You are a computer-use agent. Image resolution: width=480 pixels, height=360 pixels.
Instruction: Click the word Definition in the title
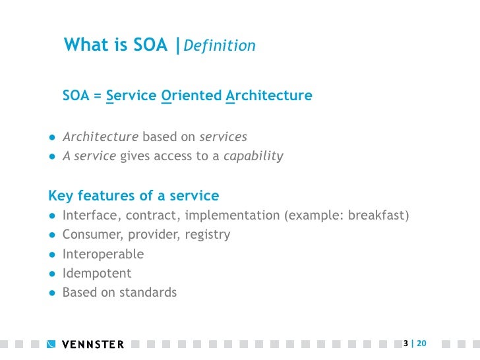(219, 45)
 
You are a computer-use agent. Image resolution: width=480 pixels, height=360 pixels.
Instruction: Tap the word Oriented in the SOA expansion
(191, 96)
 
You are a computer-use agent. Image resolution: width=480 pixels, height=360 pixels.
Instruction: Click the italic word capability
(253, 156)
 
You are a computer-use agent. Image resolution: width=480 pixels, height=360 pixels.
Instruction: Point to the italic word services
(223, 137)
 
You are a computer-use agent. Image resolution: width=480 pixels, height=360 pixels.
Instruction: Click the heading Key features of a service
(134, 196)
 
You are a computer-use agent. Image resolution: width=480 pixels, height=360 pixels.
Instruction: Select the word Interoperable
(103, 254)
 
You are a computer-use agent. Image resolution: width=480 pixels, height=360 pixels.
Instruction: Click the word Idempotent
(97, 273)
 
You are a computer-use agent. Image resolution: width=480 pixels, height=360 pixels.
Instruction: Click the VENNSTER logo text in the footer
(92, 344)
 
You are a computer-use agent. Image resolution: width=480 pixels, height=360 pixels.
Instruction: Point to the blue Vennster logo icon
(52, 344)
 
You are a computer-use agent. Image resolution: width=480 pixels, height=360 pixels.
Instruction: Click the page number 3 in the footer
(405, 344)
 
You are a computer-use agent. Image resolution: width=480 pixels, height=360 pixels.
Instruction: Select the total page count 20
(421, 344)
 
